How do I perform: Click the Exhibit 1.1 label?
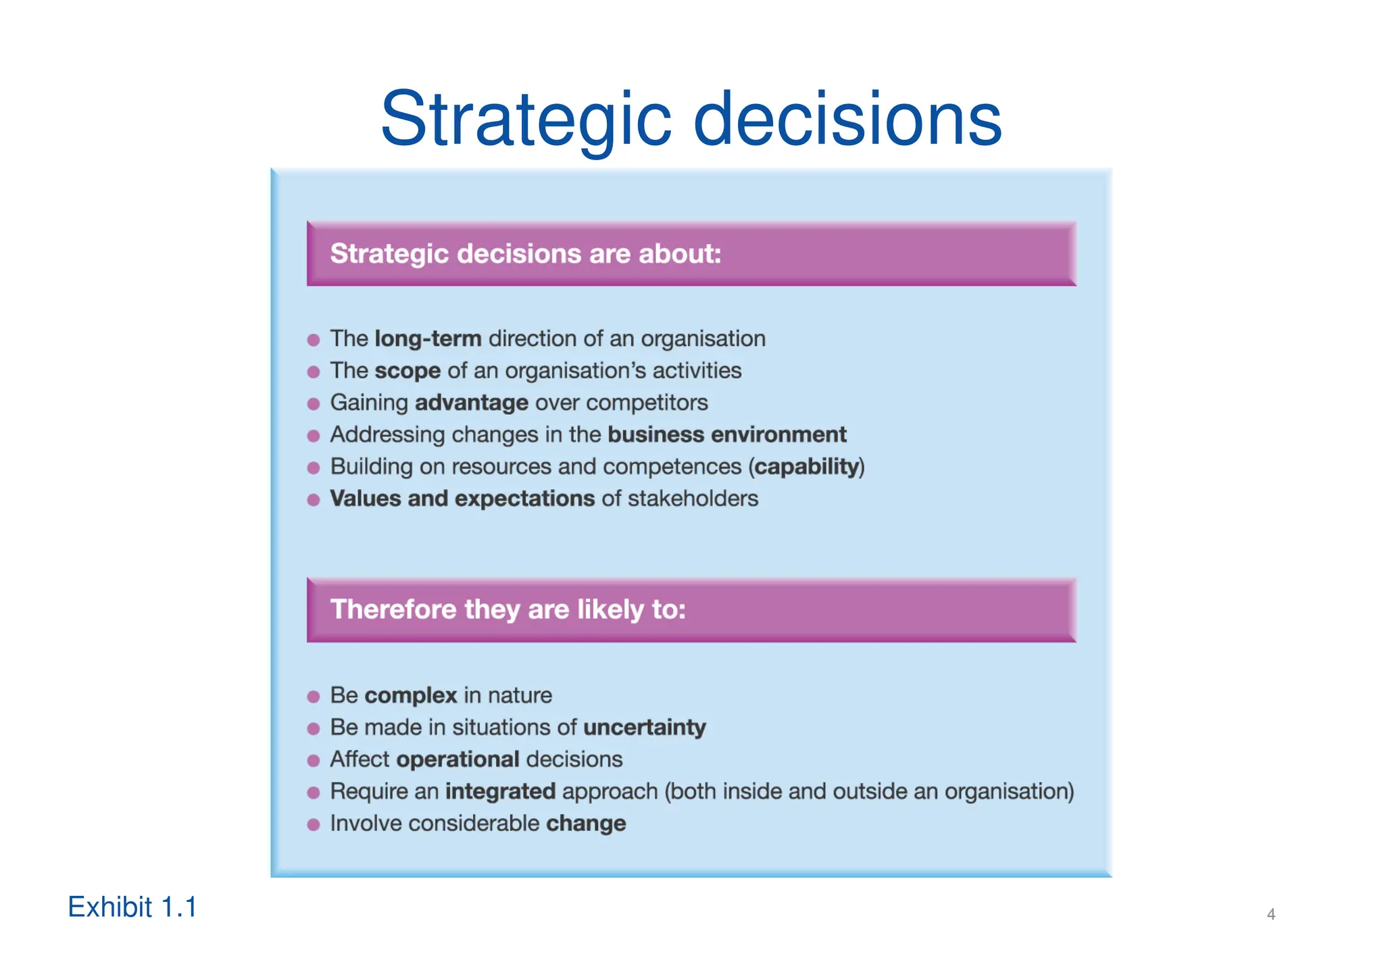132,907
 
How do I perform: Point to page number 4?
1270,914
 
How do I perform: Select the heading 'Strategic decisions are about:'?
525,254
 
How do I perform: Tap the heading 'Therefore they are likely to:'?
508,609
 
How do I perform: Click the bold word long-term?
428,338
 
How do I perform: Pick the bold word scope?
407,371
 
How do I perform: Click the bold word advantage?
471,403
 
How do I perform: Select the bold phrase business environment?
726,434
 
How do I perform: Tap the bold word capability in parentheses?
806,467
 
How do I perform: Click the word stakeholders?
693,499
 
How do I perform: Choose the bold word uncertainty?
644,728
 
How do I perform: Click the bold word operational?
458,759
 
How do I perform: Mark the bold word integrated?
500,791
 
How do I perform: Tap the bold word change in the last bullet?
586,824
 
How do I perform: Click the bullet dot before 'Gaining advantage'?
314,404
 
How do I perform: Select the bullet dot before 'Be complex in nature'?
314,697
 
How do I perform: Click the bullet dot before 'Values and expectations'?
314,500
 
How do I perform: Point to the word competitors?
647,403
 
